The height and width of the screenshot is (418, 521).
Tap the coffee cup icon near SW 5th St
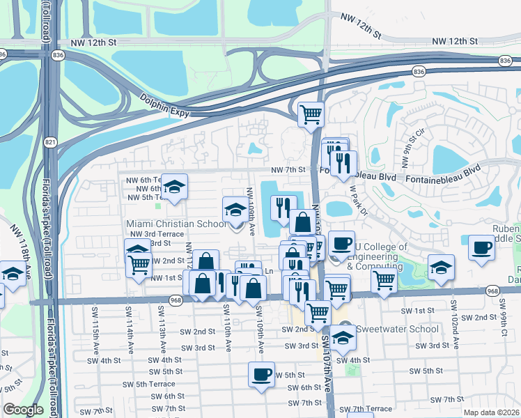pyautogui.click(x=261, y=374)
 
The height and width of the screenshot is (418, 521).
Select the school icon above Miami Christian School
pyautogui.click(x=235, y=208)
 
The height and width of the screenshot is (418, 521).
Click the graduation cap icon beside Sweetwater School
pyautogui.click(x=343, y=337)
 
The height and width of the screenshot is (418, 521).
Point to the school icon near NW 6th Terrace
pyautogui.click(x=175, y=186)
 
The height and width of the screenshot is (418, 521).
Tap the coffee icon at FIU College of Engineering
pyautogui.click(x=341, y=244)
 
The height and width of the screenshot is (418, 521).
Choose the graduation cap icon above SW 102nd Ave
pyautogui.click(x=441, y=268)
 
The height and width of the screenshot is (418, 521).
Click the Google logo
pyautogui.click(x=23, y=410)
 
